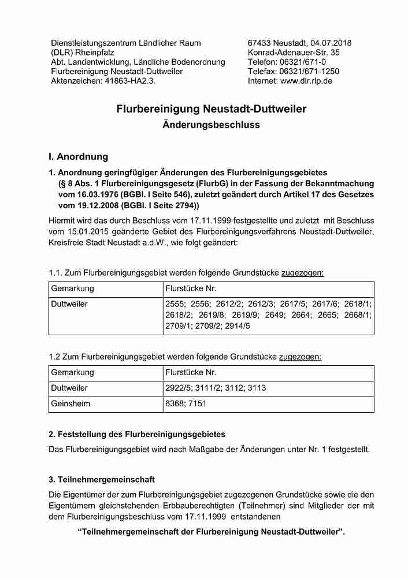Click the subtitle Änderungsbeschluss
coord(211,124)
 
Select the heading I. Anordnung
coord(78,157)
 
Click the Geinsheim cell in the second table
coord(71,404)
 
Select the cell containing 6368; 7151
coord(186,404)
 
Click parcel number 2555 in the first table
coord(175,304)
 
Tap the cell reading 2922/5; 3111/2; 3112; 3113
coord(216,388)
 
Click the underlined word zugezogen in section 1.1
coord(302,272)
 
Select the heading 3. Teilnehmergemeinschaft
coord(102,480)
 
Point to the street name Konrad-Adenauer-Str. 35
coord(294,53)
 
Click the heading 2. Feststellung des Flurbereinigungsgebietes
coord(137,434)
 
